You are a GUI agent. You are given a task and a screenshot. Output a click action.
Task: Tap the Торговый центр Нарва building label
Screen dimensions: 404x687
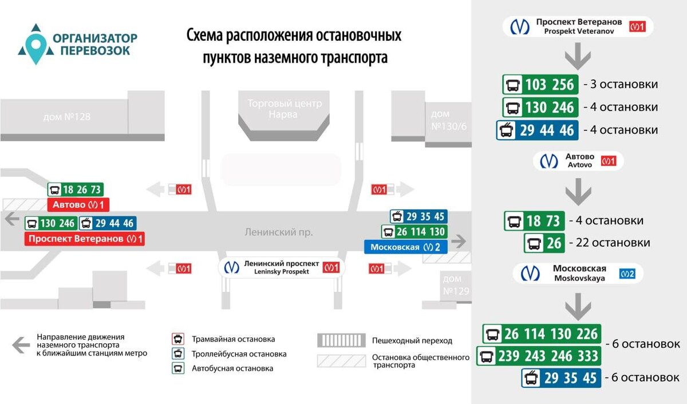285,109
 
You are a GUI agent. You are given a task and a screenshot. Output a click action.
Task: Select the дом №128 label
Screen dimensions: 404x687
67,117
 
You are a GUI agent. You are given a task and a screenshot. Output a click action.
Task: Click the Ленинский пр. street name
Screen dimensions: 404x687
279,232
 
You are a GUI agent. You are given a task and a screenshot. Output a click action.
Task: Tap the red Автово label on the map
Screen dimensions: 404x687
77,205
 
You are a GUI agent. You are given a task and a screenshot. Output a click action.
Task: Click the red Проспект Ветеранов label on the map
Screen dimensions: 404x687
84,239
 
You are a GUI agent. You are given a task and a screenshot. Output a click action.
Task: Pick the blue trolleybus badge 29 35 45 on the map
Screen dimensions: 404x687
418,217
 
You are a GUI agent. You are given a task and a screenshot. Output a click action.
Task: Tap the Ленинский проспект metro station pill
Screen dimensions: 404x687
282,268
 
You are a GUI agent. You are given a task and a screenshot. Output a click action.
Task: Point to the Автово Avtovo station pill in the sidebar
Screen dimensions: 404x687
578,161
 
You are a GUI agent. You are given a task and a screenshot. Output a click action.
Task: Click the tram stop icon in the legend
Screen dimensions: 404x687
178,339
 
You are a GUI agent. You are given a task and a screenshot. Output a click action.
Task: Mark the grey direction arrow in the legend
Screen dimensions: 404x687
21,344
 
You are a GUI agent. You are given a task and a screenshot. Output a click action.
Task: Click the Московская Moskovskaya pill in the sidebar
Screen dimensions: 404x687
578,273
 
